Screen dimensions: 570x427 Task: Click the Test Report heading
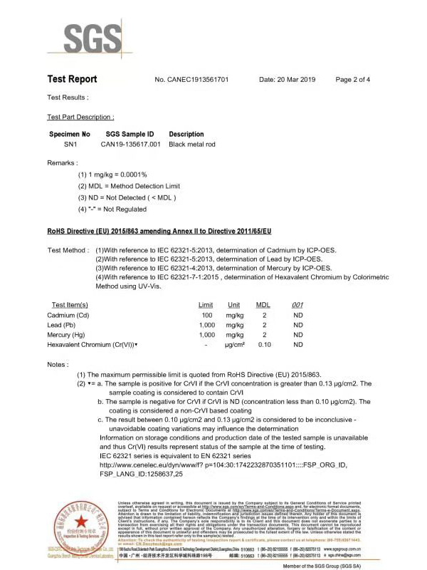point(72,79)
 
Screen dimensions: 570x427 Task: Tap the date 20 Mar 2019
point(287,80)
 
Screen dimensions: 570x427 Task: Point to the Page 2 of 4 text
point(352,80)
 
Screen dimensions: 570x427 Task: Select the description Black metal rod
point(192,144)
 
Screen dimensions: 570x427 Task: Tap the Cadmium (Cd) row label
point(68,314)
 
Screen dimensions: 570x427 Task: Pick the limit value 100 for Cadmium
point(207,314)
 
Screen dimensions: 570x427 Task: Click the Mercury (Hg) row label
point(66,334)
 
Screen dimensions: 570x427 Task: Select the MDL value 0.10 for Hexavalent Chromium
point(264,344)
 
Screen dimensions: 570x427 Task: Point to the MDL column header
point(263,304)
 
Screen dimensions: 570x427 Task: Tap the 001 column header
point(298,304)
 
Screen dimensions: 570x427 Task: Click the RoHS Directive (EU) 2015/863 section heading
point(160,232)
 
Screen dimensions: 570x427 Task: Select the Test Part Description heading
point(80,116)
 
